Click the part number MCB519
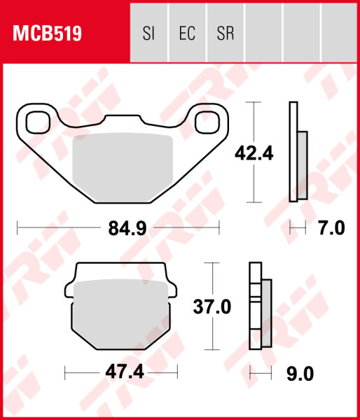point(45,33)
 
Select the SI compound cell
point(148,33)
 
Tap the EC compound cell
point(186,33)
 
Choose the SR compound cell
point(225,33)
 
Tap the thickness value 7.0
point(331,228)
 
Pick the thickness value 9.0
point(299,374)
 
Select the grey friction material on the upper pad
point(123,168)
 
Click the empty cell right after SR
point(263,33)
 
